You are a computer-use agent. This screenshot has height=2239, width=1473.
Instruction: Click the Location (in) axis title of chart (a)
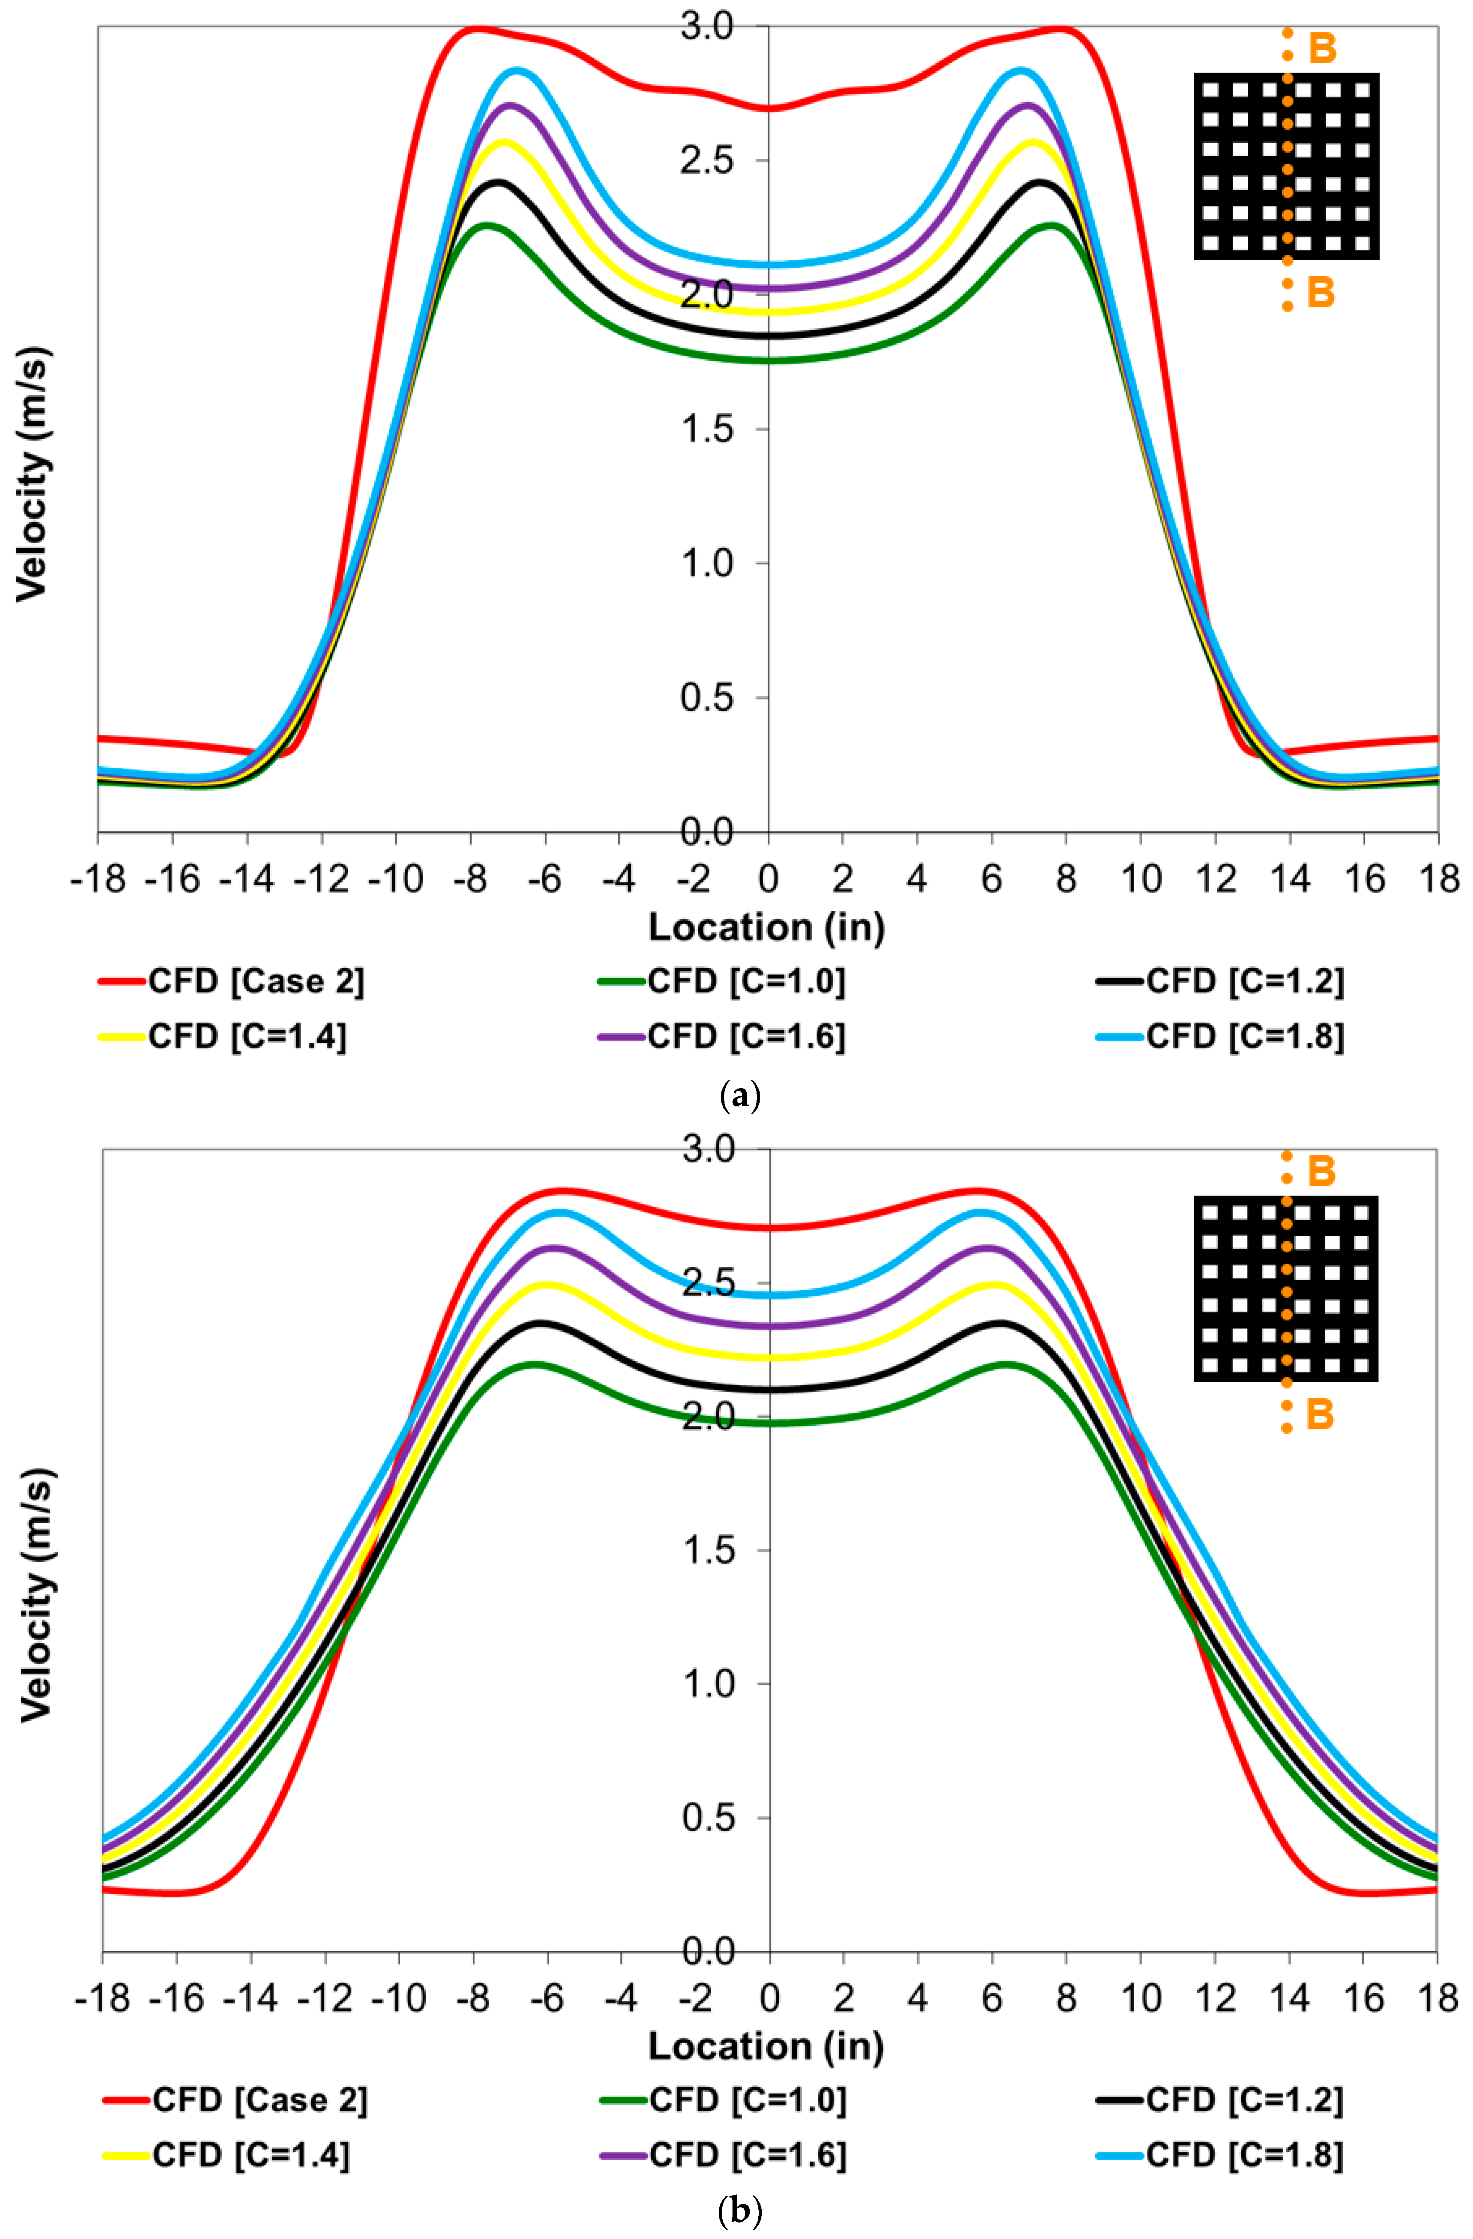click(x=767, y=928)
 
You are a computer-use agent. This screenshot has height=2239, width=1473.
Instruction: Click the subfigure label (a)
click(x=738, y=1096)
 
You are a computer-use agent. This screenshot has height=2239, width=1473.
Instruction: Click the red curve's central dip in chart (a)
click(x=769, y=108)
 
